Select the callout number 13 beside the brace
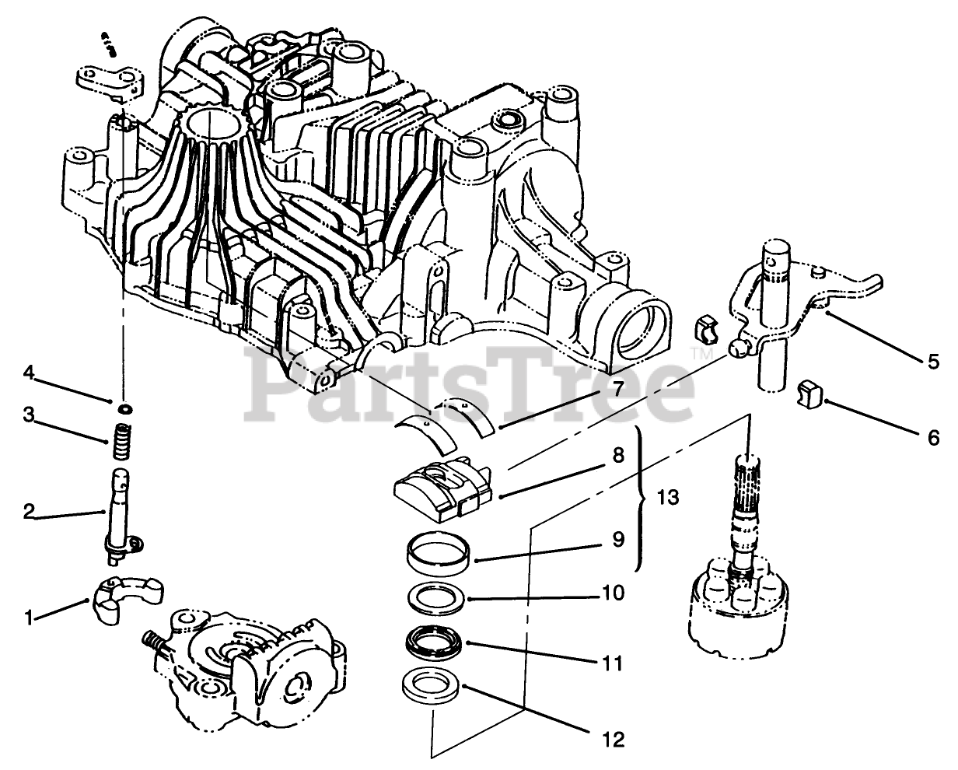666,499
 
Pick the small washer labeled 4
124,408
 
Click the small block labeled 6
811,395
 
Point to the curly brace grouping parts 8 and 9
642,499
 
